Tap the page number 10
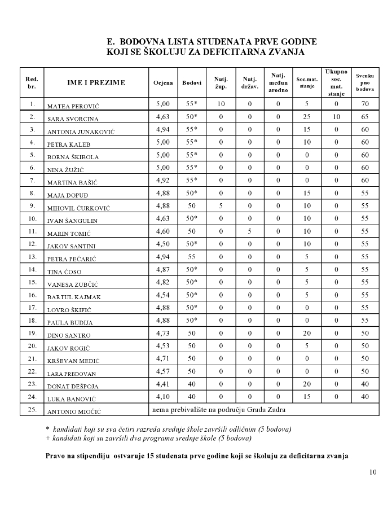point(373,472)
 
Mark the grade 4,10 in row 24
point(162,396)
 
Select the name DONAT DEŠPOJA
point(71,386)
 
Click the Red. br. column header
point(32,82)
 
